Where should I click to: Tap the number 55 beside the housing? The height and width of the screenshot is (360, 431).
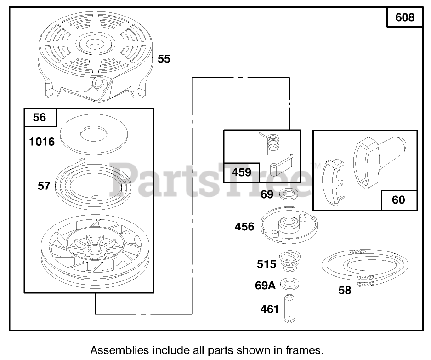164,59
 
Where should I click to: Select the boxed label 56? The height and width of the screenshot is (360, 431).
40,117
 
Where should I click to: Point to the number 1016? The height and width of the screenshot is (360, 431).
41,142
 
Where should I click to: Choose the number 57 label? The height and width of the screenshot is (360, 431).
44,187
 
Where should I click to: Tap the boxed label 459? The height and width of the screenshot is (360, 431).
242,172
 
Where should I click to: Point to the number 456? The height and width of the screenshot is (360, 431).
244,226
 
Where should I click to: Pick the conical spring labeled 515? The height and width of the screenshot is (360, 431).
291,263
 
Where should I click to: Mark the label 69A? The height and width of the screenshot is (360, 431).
265,285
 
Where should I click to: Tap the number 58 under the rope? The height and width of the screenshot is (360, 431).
345,290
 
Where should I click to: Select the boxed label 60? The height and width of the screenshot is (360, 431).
398,200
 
